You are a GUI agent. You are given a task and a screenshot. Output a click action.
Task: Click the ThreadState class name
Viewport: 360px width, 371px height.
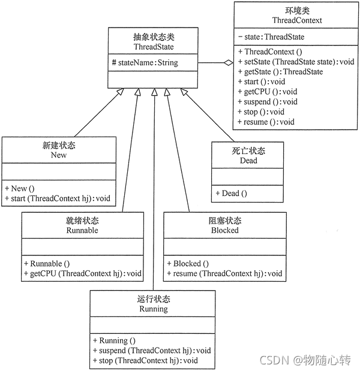(x=154, y=47)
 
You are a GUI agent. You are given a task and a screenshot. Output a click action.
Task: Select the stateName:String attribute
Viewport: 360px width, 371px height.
(x=145, y=63)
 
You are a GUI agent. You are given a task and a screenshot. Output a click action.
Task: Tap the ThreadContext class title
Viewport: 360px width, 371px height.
(x=297, y=20)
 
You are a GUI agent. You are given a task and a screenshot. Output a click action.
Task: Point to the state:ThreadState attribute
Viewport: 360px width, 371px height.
(x=271, y=37)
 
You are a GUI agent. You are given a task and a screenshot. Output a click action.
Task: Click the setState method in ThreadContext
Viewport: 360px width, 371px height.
(x=296, y=62)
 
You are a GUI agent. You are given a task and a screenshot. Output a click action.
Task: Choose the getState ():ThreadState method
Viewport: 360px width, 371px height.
(x=280, y=72)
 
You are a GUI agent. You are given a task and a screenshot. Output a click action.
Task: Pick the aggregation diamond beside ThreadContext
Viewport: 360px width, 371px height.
(x=229, y=63)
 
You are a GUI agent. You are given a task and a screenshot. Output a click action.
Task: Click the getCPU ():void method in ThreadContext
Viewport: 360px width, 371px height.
(x=268, y=92)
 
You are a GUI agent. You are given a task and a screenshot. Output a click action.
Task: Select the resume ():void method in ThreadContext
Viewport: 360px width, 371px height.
(x=266, y=122)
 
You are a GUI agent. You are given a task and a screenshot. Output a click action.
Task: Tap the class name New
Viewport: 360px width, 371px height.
(x=59, y=155)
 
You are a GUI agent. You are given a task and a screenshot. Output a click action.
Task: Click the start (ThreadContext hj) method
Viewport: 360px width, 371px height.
(x=58, y=198)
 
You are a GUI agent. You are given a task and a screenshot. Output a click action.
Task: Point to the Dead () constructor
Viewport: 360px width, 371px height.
(x=232, y=194)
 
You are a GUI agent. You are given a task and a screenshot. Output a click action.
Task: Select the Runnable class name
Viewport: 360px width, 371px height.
(x=82, y=230)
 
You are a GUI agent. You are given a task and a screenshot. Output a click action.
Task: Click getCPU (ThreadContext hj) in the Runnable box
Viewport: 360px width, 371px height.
(x=83, y=273)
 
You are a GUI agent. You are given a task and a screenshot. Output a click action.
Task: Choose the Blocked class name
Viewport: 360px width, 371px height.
(x=225, y=230)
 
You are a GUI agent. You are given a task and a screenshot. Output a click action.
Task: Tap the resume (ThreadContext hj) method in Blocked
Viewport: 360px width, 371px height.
(x=224, y=273)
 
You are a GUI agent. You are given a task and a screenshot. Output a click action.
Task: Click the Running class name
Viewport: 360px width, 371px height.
(x=154, y=309)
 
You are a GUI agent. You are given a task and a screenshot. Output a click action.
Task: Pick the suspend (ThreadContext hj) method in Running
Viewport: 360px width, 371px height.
(x=152, y=351)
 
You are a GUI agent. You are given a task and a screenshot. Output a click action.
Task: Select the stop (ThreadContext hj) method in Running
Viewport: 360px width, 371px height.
(x=145, y=361)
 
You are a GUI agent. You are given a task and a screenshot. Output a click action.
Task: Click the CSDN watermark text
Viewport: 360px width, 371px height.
(x=274, y=360)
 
